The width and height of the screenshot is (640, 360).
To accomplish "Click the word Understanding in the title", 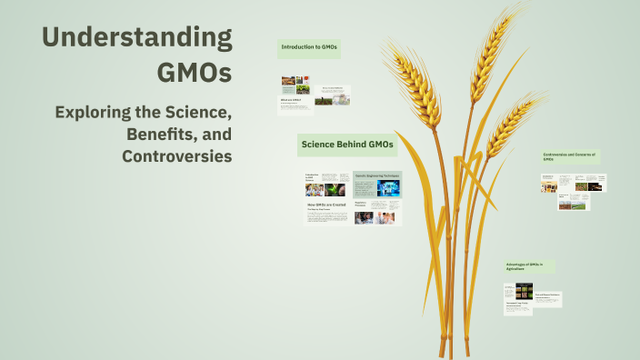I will coord(136,38).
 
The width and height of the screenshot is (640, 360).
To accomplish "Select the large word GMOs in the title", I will coord(194,72).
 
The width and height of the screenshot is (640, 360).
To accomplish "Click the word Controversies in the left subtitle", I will coord(176,155).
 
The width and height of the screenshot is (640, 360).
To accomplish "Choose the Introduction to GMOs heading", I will coord(309,46).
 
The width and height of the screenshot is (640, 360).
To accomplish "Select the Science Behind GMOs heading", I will coord(347,145).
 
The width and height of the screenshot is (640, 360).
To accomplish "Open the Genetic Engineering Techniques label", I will coord(376,174).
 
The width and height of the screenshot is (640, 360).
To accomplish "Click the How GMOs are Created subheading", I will coord(326,205).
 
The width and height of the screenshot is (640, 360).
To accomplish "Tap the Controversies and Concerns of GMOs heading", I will coord(570,156).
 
